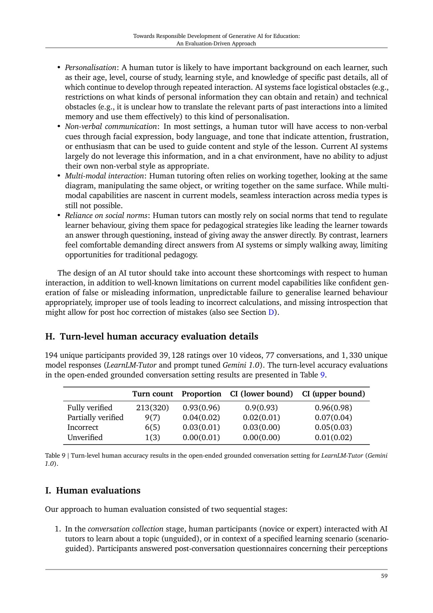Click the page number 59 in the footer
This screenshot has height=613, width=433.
pyautogui.click(x=384, y=576)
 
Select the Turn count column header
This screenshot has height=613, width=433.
pyautogui.click(x=153, y=394)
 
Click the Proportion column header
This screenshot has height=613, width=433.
pyautogui.click(x=201, y=394)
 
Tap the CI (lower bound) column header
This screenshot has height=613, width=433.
pyautogui.click(x=261, y=394)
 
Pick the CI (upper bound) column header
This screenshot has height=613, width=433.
pyautogui.click(x=333, y=394)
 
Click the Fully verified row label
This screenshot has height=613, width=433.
pyautogui.click(x=90, y=408)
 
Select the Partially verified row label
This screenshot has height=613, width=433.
pyautogui.click(x=95, y=417)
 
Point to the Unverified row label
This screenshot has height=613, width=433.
pyautogui.click(x=85, y=437)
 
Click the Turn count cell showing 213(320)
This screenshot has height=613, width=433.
pyautogui.click(x=152, y=408)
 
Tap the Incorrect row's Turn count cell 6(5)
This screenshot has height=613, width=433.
pyautogui.click(x=152, y=428)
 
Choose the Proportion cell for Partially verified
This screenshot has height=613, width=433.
pyautogui.click(x=201, y=417)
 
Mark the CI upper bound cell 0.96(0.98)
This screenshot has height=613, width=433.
pyautogui.click(x=333, y=408)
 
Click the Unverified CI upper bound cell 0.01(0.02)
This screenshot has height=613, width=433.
pyautogui.click(x=333, y=437)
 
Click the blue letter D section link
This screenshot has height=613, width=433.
pyautogui.click(x=271, y=312)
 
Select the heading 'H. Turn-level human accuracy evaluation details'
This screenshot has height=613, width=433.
pyautogui.click(x=152, y=336)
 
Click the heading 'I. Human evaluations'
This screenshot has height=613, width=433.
pyautogui.click(x=93, y=490)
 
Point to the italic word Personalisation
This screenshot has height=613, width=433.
pyautogui.click(x=90, y=68)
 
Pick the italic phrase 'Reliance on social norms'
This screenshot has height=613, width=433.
pyautogui.click(x=106, y=216)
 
